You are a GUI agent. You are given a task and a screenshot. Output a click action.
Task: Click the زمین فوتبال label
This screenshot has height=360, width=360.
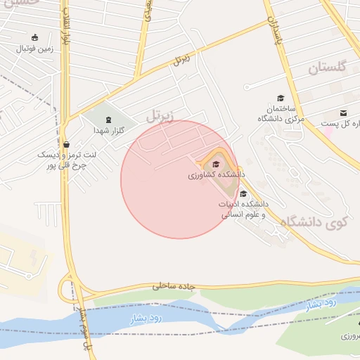35,49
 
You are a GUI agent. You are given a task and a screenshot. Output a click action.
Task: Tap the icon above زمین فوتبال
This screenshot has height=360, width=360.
34,37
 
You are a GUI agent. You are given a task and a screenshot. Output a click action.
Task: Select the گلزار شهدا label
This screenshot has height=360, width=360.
109,130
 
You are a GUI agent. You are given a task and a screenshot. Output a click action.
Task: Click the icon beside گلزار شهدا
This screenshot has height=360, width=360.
108,119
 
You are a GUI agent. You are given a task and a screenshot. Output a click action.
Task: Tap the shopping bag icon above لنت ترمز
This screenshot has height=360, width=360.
65,143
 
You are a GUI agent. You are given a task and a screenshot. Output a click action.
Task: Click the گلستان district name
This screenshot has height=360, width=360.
327,68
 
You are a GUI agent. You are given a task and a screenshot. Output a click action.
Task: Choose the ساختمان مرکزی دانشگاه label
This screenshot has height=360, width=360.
280,114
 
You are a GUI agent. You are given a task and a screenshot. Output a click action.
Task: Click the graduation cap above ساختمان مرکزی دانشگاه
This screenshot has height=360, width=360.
281,98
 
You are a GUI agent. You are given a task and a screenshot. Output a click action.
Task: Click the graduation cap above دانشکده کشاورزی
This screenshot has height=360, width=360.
215,165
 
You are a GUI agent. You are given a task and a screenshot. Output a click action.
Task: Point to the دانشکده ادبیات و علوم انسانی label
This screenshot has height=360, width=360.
243,208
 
